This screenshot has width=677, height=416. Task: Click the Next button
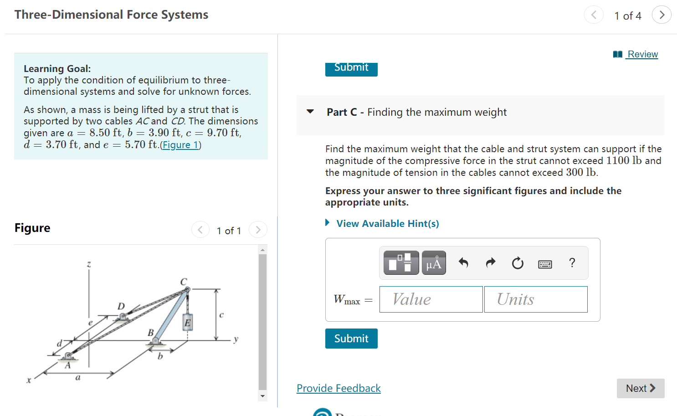[x=640, y=388]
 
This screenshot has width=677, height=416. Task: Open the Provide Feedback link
[x=338, y=388]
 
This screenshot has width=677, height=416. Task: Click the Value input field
[x=431, y=299]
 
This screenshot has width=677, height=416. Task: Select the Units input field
[x=535, y=299]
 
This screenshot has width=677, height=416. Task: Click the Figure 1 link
[x=180, y=145]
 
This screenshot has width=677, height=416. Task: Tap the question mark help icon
[x=572, y=263]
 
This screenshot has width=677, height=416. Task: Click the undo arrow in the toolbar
[x=463, y=263]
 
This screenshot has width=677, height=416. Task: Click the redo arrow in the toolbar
[x=491, y=263]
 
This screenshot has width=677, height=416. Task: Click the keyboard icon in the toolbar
[x=545, y=264]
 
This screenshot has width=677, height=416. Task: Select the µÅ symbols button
[x=434, y=263]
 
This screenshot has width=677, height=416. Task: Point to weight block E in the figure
[x=187, y=322]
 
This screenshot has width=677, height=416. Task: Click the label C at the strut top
[x=184, y=282]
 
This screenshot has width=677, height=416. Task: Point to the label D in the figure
[x=121, y=306]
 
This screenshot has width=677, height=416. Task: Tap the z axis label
[x=89, y=264]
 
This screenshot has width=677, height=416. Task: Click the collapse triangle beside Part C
[x=310, y=112]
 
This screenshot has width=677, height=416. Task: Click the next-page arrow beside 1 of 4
[x=662, y=15]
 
